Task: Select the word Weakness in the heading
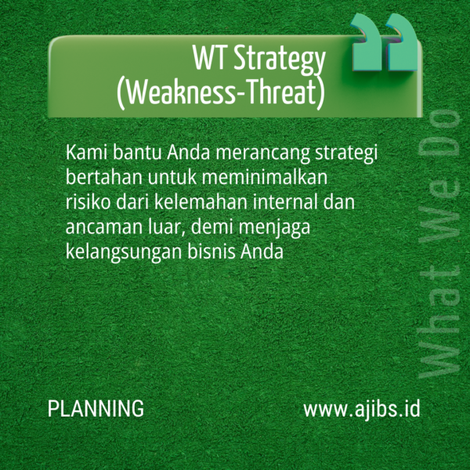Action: point(178,93)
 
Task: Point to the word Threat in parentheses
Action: point(281,93)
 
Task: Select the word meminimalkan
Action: point(273,176)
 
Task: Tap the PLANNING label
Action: point(96,409)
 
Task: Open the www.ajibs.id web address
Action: point(362,409)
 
